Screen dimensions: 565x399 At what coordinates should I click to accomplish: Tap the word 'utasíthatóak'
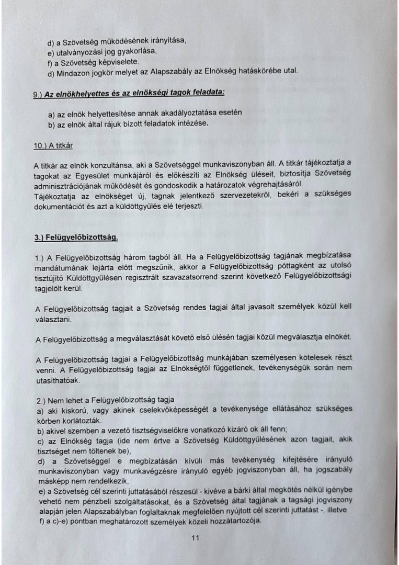pyautogui.click(x=56, y=380)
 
